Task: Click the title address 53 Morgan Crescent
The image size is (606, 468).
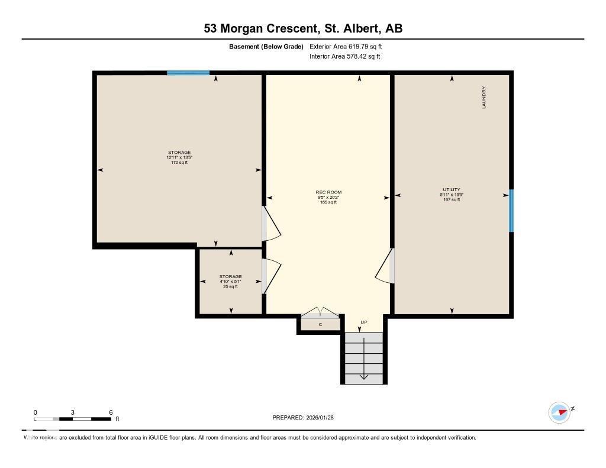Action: [x=303, y=28]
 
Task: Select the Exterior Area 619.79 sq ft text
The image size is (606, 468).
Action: [x=350, y=46]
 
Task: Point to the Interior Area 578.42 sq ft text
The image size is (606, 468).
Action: [x=344, y=57]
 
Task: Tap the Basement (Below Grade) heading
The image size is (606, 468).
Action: [x=266, y=46]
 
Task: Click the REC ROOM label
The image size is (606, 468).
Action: [x=328, y=192]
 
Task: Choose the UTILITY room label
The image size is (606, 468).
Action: [x=451, y=190]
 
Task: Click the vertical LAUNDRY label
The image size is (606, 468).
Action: [x=483, y=98]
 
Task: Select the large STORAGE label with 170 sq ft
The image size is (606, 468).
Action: [x=179, y=153]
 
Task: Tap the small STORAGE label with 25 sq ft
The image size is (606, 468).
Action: [x=230, y=277]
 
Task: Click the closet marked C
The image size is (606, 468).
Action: [x=320, y=324]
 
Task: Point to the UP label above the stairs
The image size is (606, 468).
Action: [x=364, y=322]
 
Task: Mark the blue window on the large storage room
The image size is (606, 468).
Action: [x=188, y=73]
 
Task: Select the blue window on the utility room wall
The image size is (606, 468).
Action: [x=511, y=211]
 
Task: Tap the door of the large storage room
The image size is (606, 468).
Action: [x=270, y=224]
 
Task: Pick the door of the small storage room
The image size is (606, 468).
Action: [x=270, y=276]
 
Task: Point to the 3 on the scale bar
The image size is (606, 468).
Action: [x=73, y=412]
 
